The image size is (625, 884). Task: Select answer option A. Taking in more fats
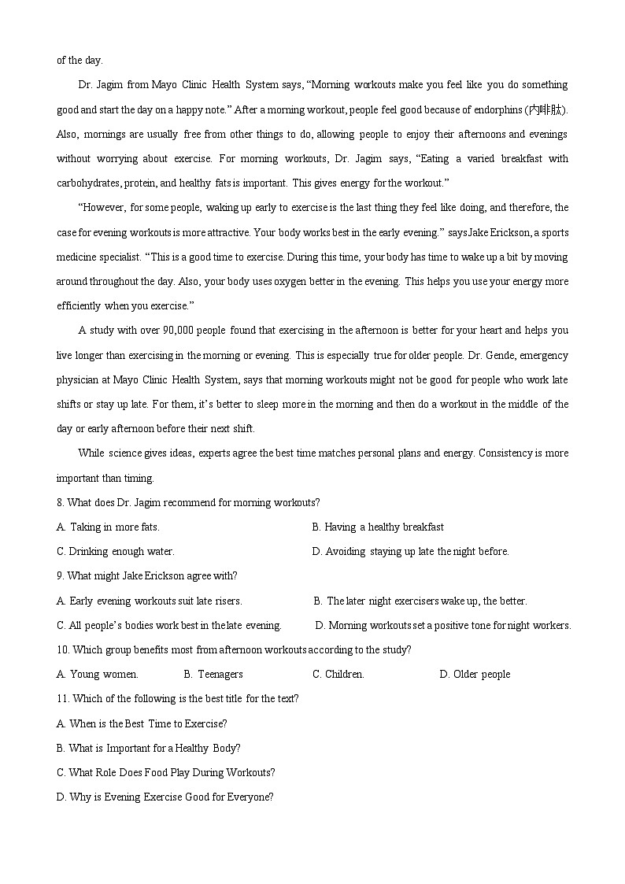click(x=108, y=527)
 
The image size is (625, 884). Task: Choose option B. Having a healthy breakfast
click(x=378, y=527)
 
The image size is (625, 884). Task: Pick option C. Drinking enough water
click(x=116, y=551)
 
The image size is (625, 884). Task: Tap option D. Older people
click(x=475, y=674)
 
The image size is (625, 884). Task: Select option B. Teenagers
click(x=213, y=674)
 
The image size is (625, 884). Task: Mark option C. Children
click(x=338, y=674)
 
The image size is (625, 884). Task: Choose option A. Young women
click(x=98, y=674)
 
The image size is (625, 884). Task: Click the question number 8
click(x=60, y=502)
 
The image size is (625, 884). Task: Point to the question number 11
click(x=62, y=698)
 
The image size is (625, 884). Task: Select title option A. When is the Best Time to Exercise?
click(x=142, y=723)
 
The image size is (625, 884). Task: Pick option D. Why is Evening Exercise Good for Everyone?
click(x=165, y=797)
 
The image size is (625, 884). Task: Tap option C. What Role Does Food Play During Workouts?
click(x=166, y=772)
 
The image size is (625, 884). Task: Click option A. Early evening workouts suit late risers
click(x=150, y=601)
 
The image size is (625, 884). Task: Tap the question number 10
click(x=62, y=649)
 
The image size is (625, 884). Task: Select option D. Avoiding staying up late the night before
click(x=411, y=551)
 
